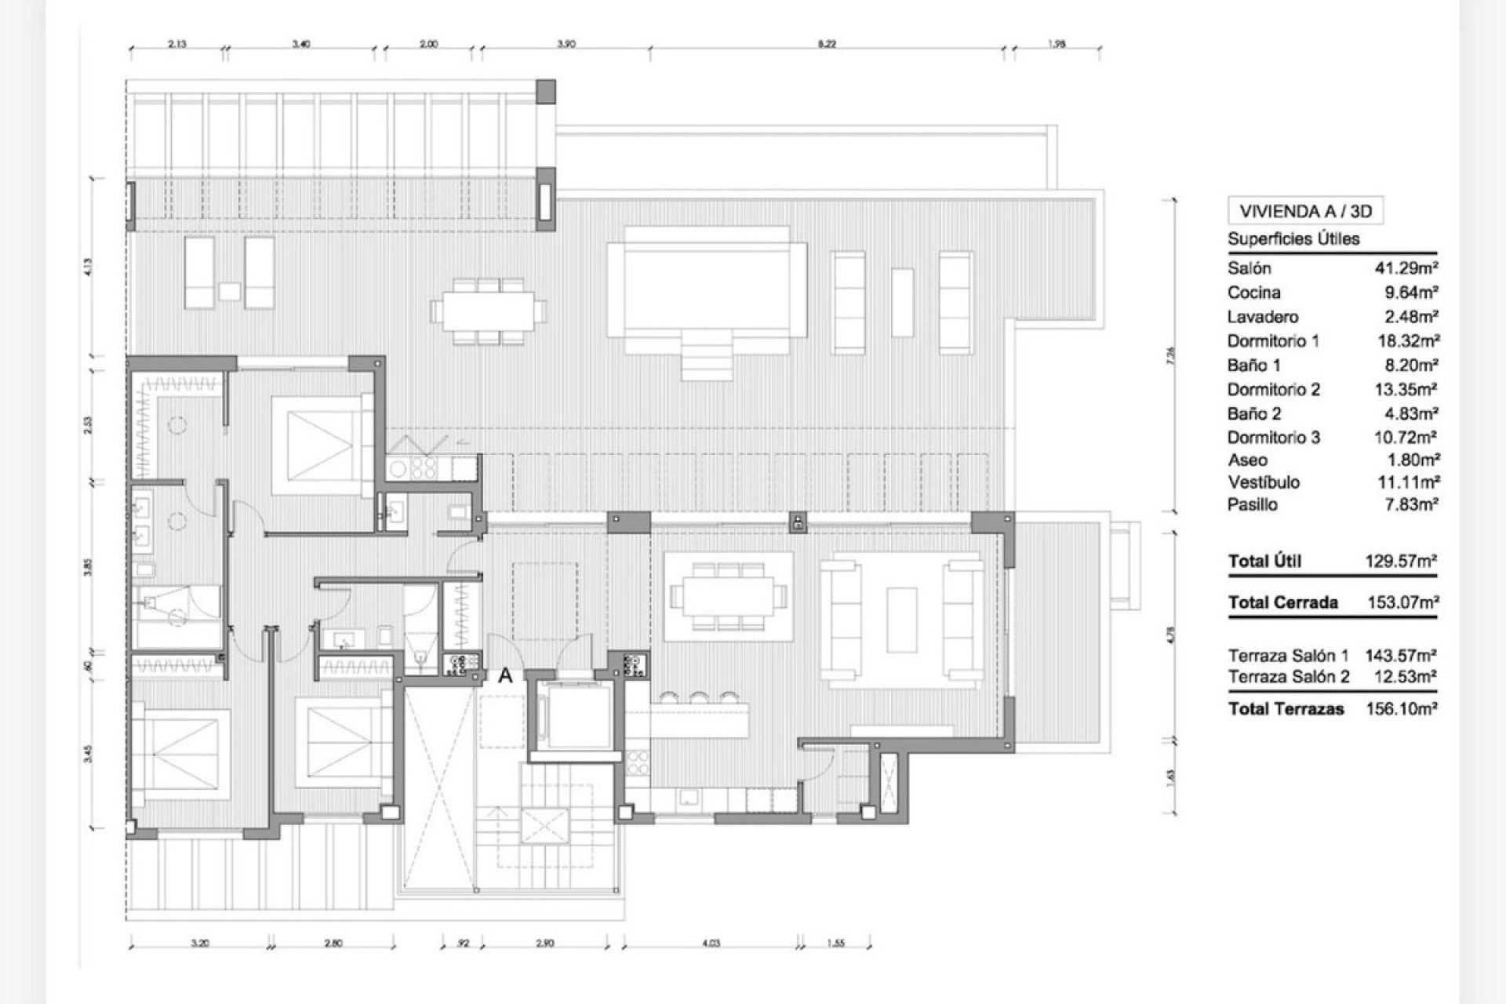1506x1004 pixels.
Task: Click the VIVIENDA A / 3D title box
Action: [1305, 211]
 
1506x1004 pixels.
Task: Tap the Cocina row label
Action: [1254, 293]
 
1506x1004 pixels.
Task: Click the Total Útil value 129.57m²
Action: [1400, 561]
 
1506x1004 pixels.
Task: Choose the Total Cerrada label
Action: [1282, 602]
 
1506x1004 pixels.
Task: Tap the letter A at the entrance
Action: [506, 675]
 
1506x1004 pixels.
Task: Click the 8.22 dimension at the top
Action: [826, 44]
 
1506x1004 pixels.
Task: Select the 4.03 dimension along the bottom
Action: [710, 943]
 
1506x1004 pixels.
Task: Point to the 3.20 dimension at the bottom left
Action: [200, 943]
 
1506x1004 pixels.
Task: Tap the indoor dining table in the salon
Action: [727, 597]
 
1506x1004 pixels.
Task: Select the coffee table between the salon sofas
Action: [902, 620]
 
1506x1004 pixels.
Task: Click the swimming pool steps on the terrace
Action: [707, 354]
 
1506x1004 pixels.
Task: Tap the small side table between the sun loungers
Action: [229, 292]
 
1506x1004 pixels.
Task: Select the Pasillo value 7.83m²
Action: [1410, 504]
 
